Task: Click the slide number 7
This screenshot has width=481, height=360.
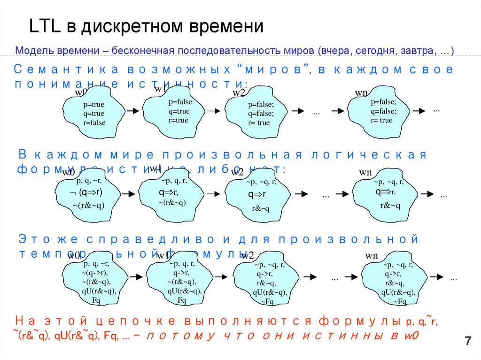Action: click(x=467, y=341)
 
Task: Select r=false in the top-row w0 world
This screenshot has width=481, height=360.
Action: click(x=94, y=123)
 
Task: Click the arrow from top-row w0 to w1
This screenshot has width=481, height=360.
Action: click(x=133, y=111)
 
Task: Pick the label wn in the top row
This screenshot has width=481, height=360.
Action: click(x=361, y=93)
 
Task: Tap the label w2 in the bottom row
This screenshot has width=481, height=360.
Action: click(x=248, y=255)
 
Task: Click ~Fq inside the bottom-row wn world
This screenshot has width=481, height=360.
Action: click(x=400, y=302)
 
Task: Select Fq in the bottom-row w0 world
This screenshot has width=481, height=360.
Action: click(x=96, y=300)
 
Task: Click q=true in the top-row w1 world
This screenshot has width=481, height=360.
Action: click(x=179, y=111)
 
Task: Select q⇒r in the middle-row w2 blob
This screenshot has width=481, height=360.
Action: click(x=257, y=194)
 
